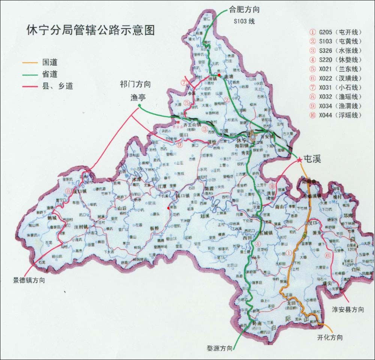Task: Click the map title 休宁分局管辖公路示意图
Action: tap(90, 30)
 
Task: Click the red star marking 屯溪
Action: tap(299, 160)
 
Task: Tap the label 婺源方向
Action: tap(220, 347)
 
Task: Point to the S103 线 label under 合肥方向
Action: tap(243, 21)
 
